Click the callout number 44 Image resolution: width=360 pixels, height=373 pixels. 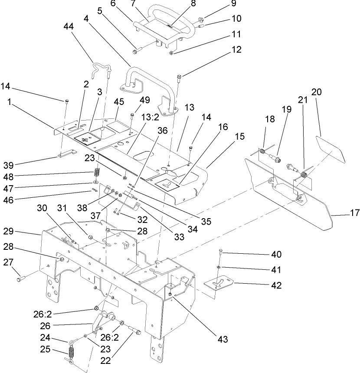69,26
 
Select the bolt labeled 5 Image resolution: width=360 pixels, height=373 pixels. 135,52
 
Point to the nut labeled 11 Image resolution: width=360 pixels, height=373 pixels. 172,53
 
